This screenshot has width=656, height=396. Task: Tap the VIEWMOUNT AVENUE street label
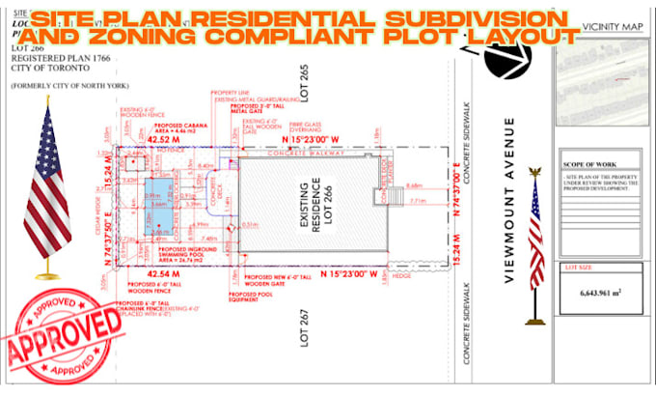pos(511,200)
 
